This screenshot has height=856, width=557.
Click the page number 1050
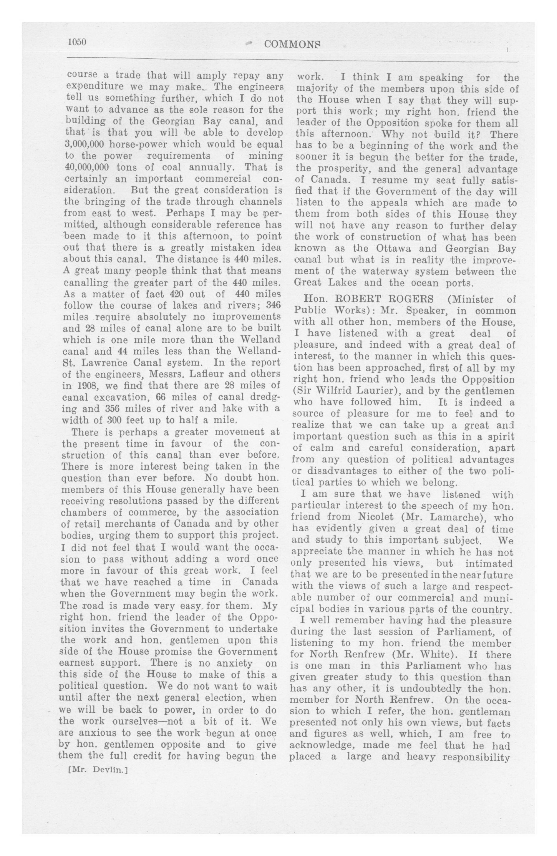pos(77,42)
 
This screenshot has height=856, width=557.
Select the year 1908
pos(85,386)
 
